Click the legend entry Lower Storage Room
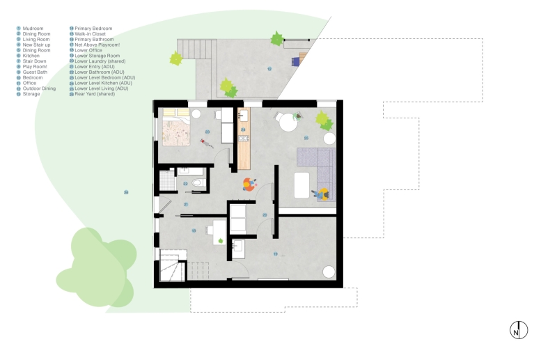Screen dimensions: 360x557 pyautogui.click(x=97, y=56)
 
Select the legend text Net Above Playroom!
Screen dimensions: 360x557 pyautogui.click(x=98, y=45)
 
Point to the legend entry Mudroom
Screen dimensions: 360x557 pyautogui.click(x=33, y=29)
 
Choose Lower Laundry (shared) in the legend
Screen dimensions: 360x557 pyautogui.click(x=100, y=61)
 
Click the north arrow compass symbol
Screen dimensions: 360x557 pyautogui.click(x=518, y=330)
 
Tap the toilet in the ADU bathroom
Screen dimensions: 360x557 pyautogui.click(x=197, y=184)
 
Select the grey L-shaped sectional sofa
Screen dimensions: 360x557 pyautogui.click(x=319, y=171)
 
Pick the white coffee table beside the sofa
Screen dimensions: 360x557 pyautogui.click(x=302, y=185)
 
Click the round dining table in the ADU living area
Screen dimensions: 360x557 pyautogui.click(x=287, y=123)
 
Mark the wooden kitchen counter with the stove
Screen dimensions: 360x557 pyautogui.click(x=244, y=139)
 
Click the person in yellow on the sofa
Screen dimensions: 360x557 pyautogui.click(x=322, y=194)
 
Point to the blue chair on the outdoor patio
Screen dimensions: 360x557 pyautogui.click(x=295, y=61)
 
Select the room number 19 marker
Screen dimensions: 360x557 pyautogui.click(x=275, y=253)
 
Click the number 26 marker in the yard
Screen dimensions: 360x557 pyautogui.click(x=126, y=192)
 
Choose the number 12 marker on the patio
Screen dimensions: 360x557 pyautogui.click(x=269, y=70)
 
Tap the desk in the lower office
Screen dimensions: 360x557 pyautogui.click(x=217, y=233)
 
